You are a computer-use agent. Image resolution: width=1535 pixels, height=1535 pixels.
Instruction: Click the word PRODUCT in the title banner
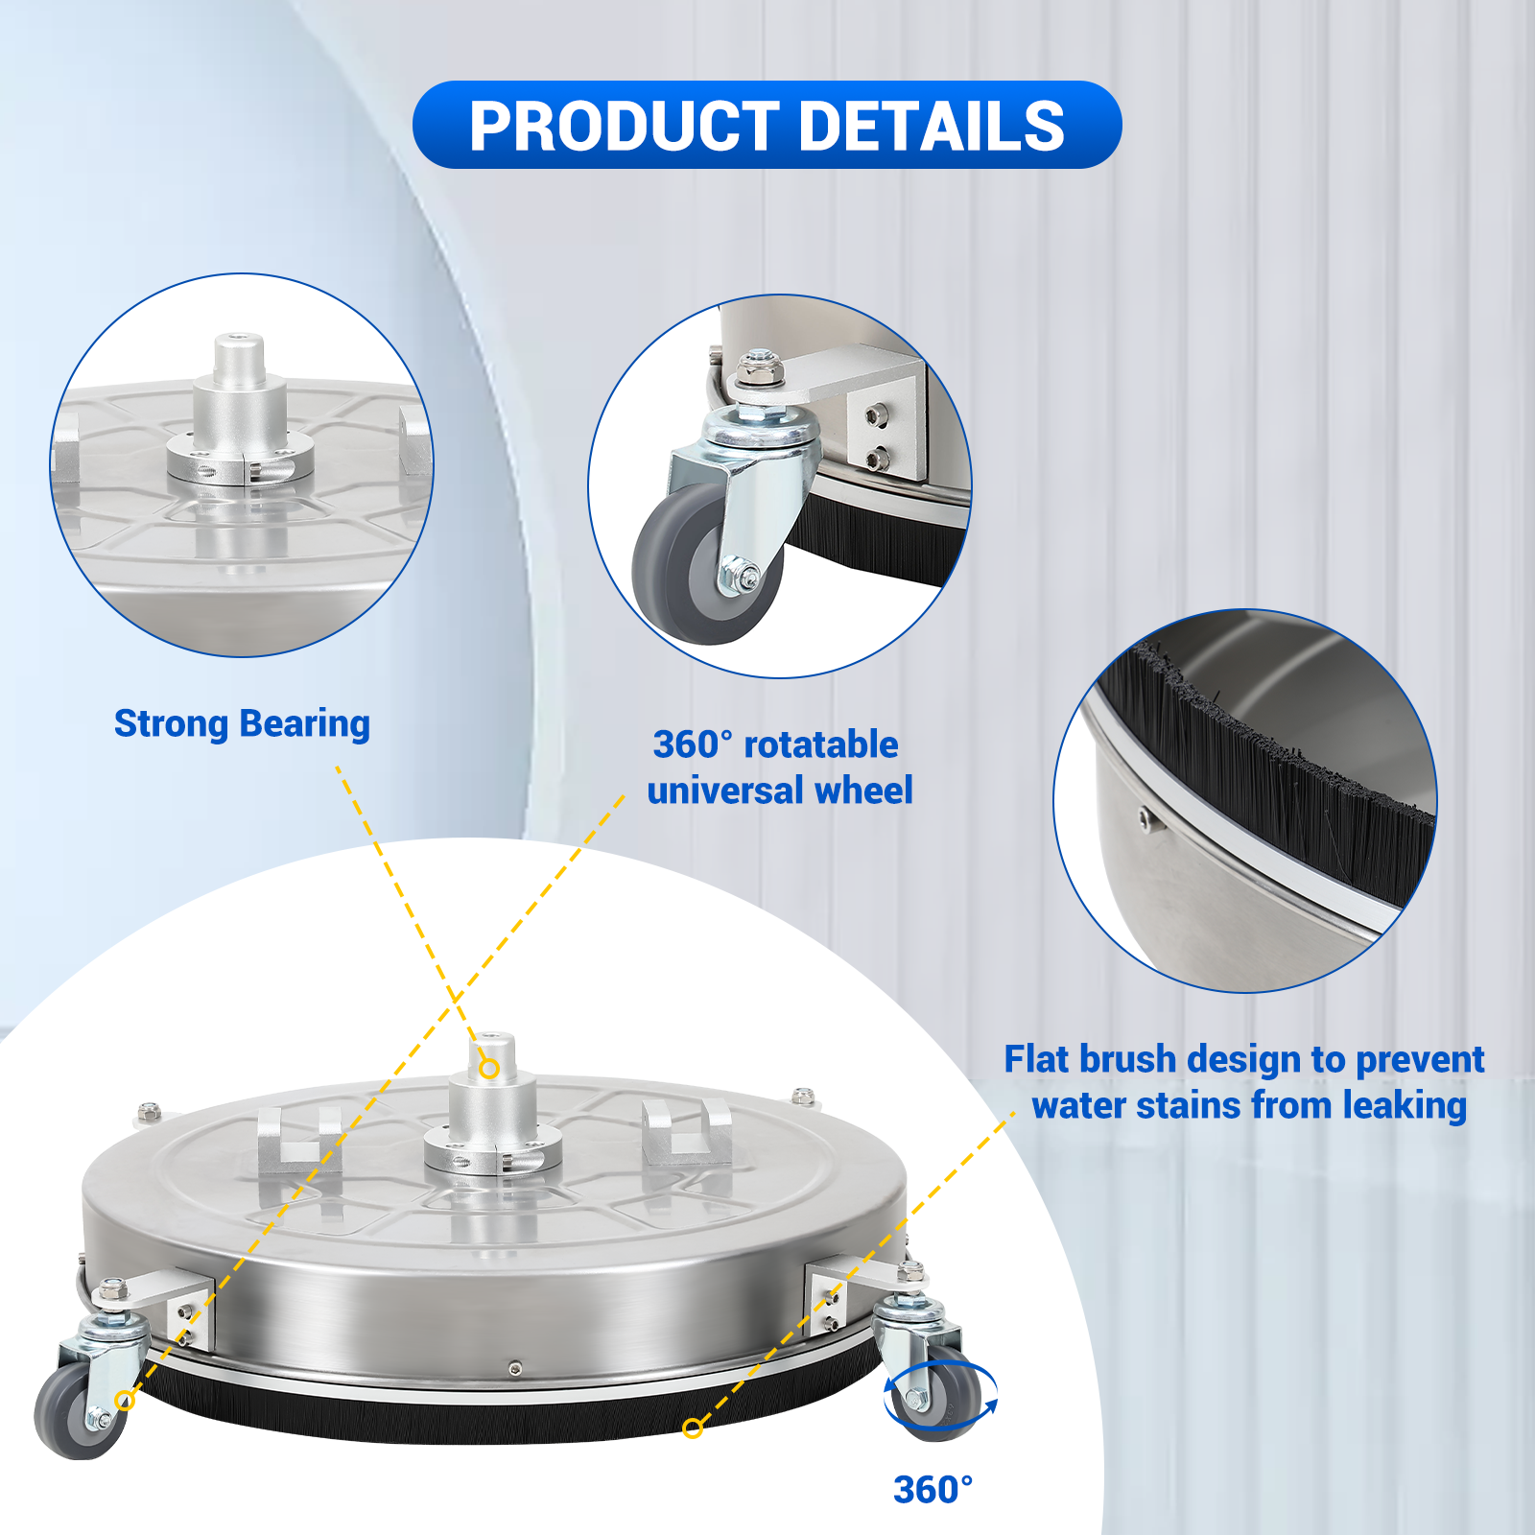[625, 127]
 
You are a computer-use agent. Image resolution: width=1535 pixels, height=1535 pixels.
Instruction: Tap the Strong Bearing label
[242, 724]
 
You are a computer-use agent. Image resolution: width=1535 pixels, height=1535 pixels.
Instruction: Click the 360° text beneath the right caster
[933, 1490]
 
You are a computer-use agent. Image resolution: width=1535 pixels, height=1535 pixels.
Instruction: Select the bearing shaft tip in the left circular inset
[238, 342]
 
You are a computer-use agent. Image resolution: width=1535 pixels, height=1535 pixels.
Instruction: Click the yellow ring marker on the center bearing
[489, 1068]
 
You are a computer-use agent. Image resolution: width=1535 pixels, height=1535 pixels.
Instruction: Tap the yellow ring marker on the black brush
[693, 1429]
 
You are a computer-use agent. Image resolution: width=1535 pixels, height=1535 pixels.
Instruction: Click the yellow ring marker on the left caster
[124, 1401]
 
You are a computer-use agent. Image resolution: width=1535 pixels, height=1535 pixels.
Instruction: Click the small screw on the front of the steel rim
[515, 1367]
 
